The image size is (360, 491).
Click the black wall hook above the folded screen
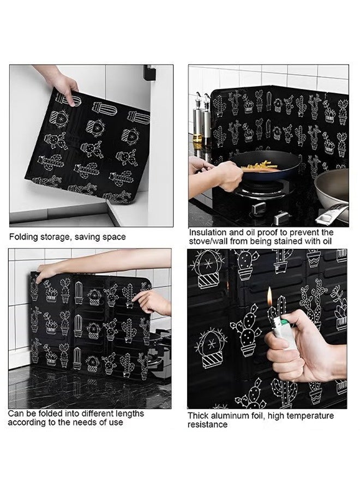pyautogui.click(x=148, y=73)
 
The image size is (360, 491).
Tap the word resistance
pyautogui.click(x=208, y=424)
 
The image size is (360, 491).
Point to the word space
pyautogui.click(x=113, y=237)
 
